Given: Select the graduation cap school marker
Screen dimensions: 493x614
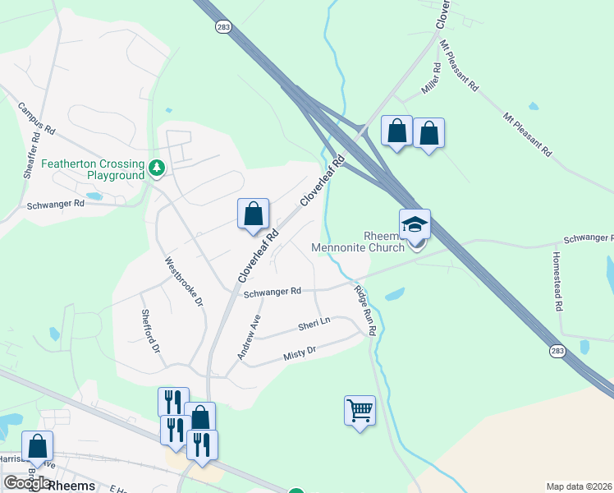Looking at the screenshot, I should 415,224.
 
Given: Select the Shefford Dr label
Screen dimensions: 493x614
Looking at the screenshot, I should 149,330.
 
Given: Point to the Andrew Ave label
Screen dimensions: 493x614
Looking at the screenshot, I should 249,336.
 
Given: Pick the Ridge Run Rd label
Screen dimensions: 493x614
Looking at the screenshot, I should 364,309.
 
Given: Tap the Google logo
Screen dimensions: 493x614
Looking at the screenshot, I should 27,483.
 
